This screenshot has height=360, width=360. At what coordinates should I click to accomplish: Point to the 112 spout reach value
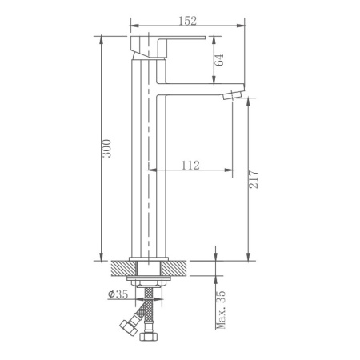click(x=190, y=165)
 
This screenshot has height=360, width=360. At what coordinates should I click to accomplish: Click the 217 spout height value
click(x=254, y=177)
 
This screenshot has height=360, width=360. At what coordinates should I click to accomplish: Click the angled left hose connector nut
click(x=126, y=328)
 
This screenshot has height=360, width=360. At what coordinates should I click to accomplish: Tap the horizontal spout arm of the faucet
click(x=192, y=88)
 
